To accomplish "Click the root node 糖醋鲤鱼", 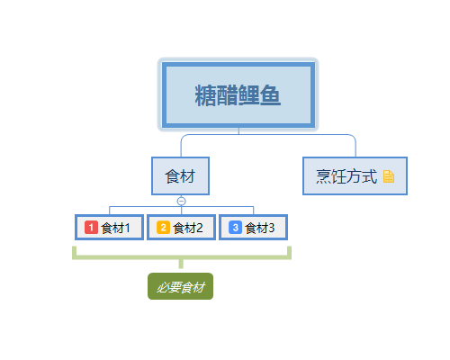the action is pos(238,94).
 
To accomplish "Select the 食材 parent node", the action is pos(180,175).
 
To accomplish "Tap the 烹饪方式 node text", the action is pos(346,176).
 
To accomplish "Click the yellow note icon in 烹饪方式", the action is pos(389,176).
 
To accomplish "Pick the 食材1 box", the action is pos(109,227).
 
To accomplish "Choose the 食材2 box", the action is pos(181,227).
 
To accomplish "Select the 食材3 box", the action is pos(254,227).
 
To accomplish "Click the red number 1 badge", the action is pos(91,228).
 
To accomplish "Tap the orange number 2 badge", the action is pos(163,228).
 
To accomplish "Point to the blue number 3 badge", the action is pos(236,228).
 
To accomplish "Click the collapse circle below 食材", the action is pos(181,201).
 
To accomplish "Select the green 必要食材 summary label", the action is pos(180,286).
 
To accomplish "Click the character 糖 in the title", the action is pos(206,95).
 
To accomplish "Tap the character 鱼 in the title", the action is pos(270,95).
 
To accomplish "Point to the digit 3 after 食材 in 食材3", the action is pos(272,228).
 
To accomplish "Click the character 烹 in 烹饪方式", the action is pos(324,176).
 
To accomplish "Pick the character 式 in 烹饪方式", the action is pos(370,176).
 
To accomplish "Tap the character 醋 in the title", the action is pos(228,95).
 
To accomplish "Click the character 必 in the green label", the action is pos(164,287).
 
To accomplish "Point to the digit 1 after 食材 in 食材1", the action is pos(127,228).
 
